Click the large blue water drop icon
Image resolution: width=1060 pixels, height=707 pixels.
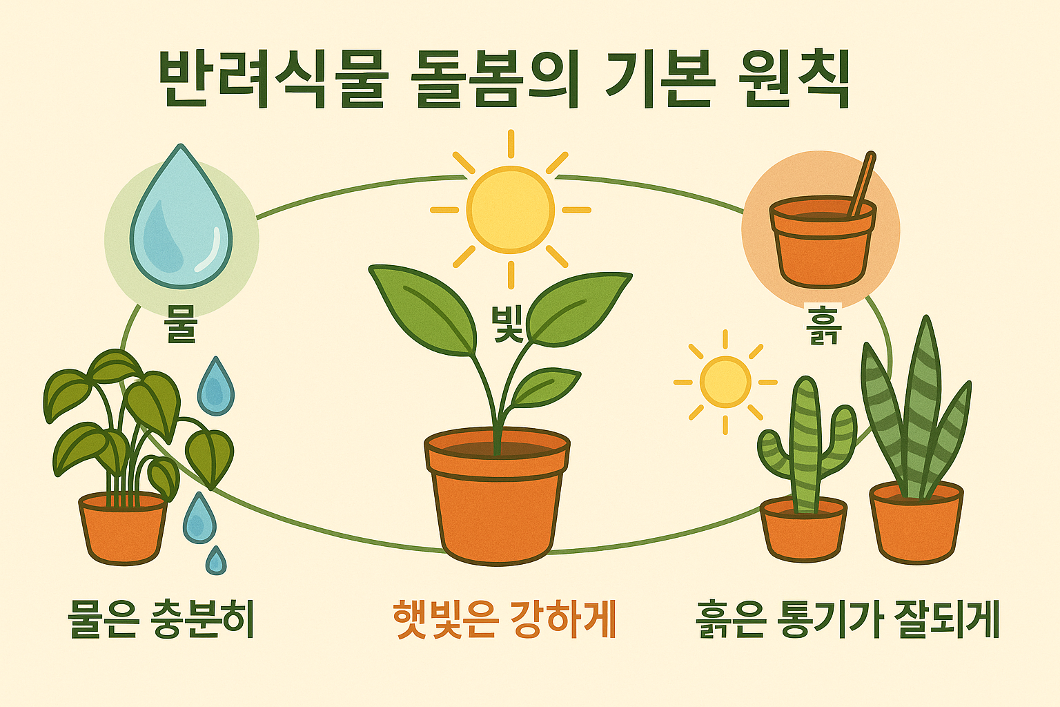181,221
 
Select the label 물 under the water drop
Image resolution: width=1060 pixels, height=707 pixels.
181,322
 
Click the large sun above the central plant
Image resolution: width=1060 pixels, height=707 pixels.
510,209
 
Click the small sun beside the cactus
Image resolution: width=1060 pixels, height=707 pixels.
725,381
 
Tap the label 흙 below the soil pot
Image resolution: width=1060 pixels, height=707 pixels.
823,326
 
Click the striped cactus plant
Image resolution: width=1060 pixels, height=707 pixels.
806,442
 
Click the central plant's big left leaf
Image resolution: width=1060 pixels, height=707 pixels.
424,307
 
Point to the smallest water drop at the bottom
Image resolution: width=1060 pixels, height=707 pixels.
216,561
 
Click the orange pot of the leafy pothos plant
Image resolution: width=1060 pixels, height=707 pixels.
124,528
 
